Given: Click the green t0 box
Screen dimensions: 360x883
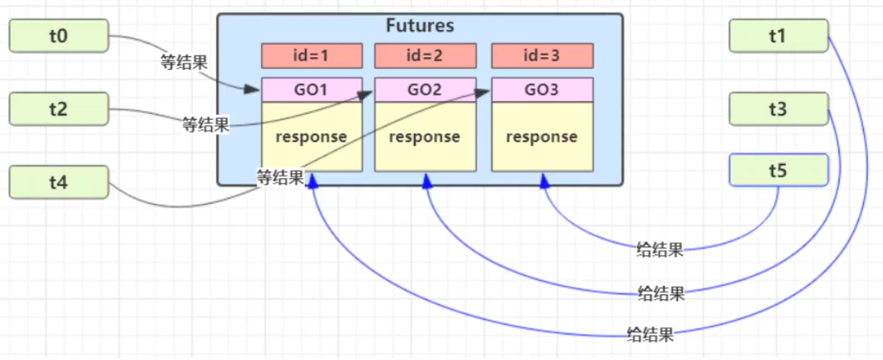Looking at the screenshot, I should [x=58, y=36].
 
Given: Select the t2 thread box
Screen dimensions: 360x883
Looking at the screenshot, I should [x=58, y=109].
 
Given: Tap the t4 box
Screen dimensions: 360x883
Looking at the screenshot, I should [x=58, y=182].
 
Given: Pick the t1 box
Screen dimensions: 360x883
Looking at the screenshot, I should [x=778, y=36].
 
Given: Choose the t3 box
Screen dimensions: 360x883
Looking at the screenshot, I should [x=778, y=109].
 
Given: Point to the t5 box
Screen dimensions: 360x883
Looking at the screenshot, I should [x=778, y=170].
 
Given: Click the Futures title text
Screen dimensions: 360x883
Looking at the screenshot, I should [x=420, y=26].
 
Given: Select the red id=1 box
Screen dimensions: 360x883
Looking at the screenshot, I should [x=311, y=56].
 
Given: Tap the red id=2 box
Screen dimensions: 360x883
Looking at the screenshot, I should [x=425, y=56].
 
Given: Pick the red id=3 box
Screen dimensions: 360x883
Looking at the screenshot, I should [x=542, y=56].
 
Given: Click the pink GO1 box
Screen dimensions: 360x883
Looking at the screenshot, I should [x=311, y=90].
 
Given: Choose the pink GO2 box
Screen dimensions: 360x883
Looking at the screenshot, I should [x=425, y=90].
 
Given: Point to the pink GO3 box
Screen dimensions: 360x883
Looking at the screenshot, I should [x=542, y=90].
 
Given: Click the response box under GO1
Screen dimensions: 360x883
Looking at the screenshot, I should [x=311, y=136].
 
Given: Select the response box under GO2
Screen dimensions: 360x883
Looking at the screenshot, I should [x=425, y=136].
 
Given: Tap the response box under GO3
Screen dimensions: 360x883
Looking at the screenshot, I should [x=542, y=136].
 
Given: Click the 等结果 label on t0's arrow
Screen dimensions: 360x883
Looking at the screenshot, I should [x=184, y=62].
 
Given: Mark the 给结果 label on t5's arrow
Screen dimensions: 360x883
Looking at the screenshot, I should [x=660, y=250].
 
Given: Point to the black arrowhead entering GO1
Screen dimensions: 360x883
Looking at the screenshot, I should [x=252, y=89].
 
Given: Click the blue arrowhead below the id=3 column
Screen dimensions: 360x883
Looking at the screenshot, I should [x=545, y=182].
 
